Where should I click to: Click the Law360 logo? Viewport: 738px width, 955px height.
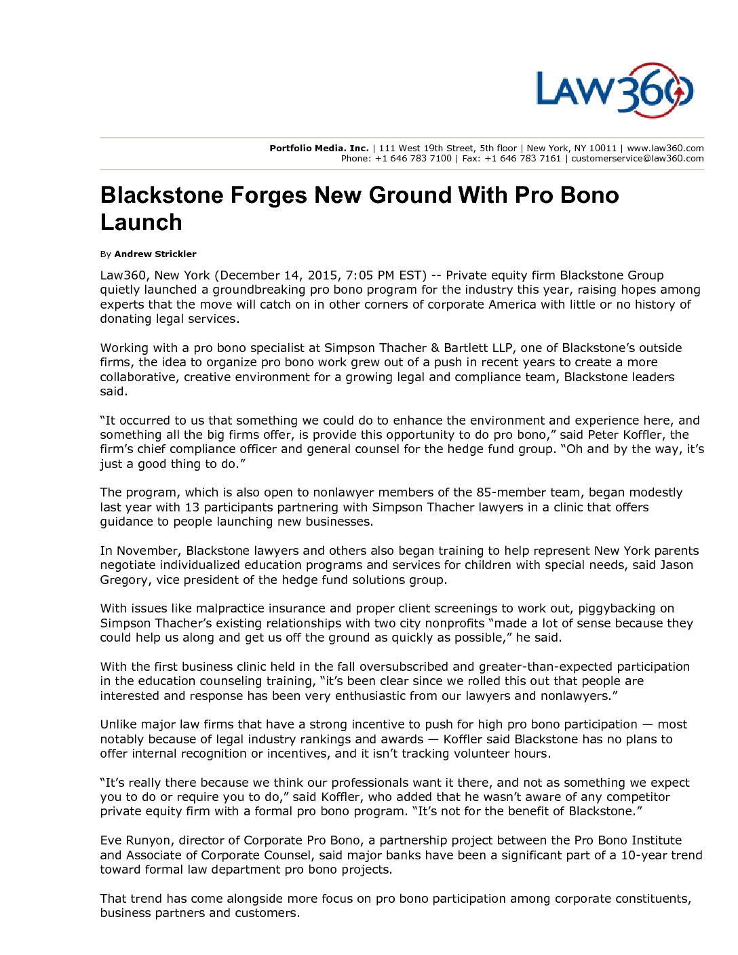point(615,90)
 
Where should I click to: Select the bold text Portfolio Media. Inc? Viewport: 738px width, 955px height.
point(319,148)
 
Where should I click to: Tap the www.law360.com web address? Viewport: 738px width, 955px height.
point(665,148)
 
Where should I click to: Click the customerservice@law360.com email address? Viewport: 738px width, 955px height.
point(637,159)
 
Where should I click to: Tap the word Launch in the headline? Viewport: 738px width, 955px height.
point(141,222)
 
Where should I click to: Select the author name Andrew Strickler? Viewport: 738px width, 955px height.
point(155,254)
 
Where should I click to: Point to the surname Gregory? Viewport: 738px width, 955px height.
point(124,580)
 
